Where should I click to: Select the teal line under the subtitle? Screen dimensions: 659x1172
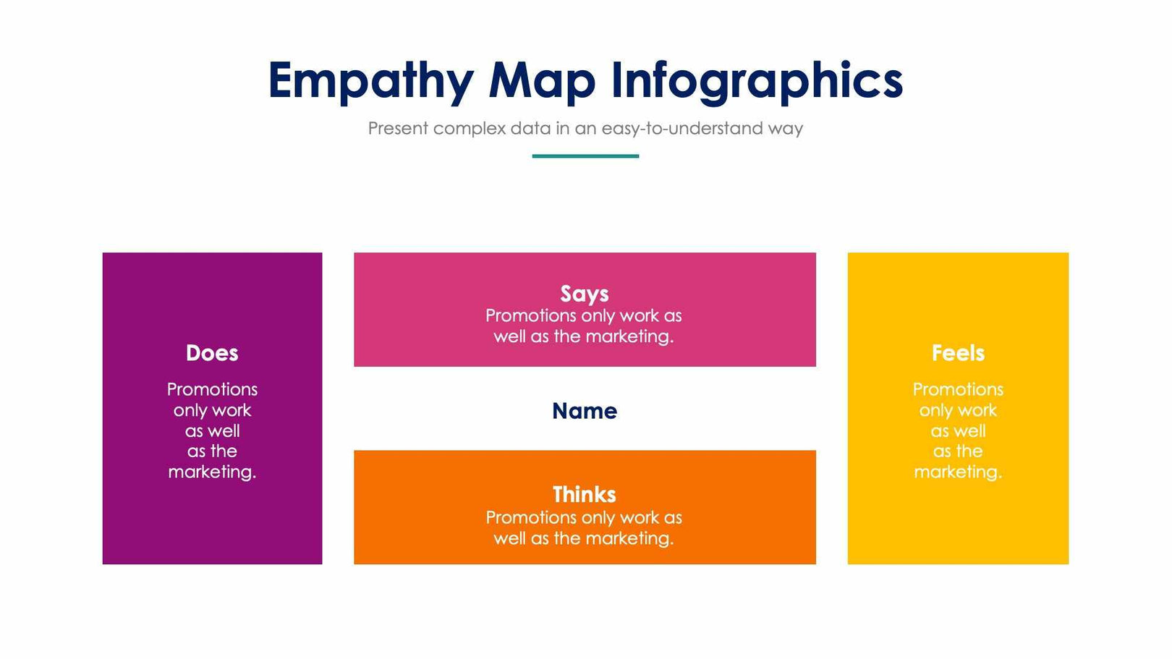tap(585, 156)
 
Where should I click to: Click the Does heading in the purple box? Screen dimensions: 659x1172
tap(212, 353)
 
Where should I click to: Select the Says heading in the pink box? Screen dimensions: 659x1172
tap(585, 294)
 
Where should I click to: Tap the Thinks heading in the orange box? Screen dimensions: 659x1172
tap(585, 495)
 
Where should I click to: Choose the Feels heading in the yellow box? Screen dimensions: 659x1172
tap(958, 353)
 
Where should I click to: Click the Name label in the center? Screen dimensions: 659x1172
tap(585, 411)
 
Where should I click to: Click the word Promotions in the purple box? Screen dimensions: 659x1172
tap(212, 389)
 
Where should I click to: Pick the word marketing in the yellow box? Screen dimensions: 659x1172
tap(956, 472)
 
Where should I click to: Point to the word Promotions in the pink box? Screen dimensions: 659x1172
tap(530, 316)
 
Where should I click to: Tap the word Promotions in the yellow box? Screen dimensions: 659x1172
tap(958, 389)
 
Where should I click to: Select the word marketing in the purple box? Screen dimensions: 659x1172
tap(211, 472)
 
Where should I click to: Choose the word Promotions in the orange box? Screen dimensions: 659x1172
tap(530, 518)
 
